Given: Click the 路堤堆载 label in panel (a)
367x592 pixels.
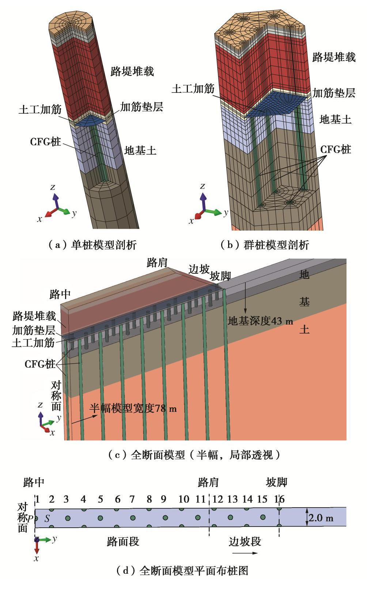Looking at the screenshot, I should tap(132, 71).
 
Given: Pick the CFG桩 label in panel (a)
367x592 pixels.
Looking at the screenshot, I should tap(46, 142).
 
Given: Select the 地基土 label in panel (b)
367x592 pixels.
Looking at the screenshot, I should tap(335, 119).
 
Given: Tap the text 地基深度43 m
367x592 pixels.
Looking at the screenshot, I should tap(260, 321).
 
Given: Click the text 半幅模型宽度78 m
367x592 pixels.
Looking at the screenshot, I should tap(133, 408).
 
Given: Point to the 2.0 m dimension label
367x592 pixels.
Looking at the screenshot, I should tap(321, 518).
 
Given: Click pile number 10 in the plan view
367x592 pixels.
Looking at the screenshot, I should tap(184, 499).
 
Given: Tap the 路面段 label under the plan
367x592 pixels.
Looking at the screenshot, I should tap(123, 541).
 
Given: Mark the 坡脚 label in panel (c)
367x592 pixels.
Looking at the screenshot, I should tap(220, 277).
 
